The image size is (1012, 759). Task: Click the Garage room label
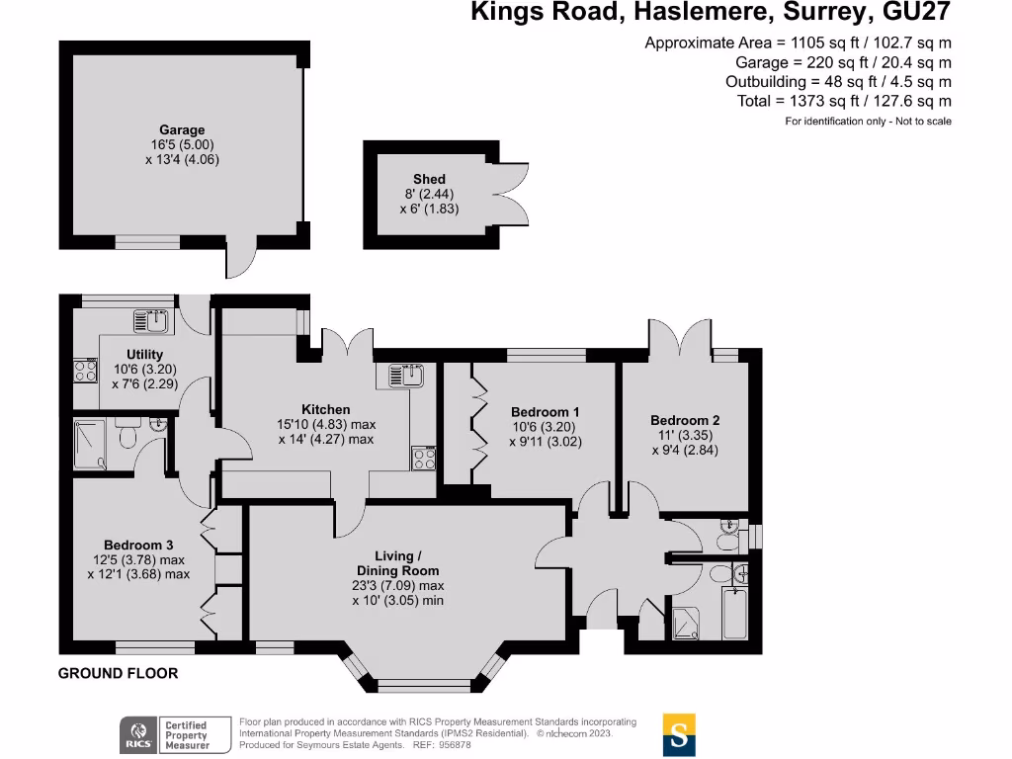tap(182, 129)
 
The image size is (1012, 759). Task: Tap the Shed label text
tap(429, 180)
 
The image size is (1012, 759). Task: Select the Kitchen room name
tap(326, 410)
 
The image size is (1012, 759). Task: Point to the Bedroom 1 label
tap(545, 412)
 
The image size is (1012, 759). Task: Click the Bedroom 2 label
tap(685, 420)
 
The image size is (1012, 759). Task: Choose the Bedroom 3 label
tap(138, 546)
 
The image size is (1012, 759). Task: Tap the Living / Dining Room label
tap(397, 563)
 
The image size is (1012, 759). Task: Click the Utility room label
tap(144, 355)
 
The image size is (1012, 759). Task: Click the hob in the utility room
tap(85, 371)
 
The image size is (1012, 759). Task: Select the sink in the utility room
tap(151, 321)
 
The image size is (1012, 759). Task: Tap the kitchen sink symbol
tap(406, 375)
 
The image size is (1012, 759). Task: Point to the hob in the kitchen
tap(424, 459)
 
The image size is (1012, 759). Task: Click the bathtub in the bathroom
tap(735, 613)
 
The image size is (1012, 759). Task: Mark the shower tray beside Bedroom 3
tap(90, 444)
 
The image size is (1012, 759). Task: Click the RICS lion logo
tap(138, 734)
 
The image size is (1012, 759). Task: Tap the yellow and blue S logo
tap(679, 734)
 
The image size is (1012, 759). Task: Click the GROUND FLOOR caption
tap(119, 673)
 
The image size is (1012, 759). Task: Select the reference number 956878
tap(455, 745)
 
